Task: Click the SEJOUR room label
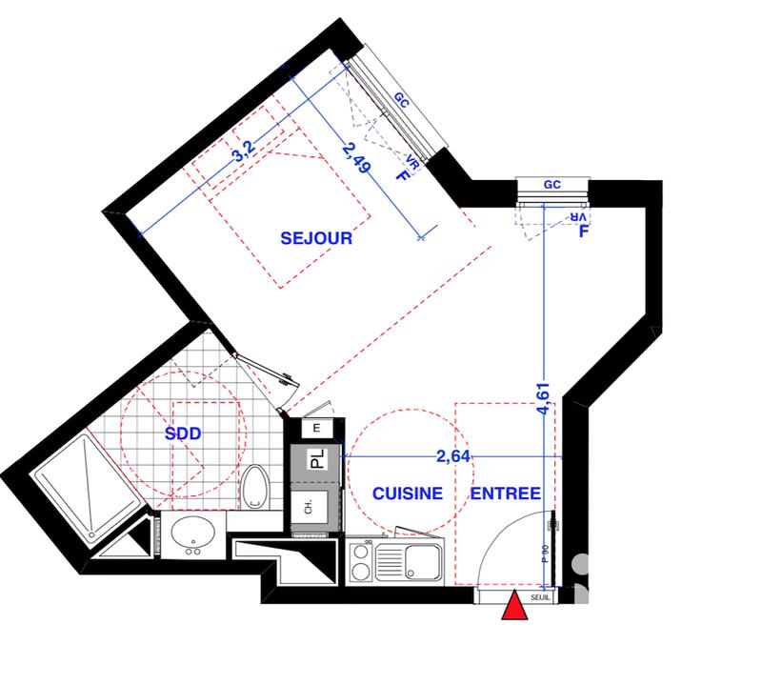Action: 316,238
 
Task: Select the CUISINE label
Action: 407,494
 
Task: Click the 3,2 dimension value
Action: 242,152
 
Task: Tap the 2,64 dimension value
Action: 453,455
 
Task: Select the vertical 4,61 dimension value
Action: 543,396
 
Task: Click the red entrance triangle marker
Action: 514,606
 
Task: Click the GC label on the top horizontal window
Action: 551,187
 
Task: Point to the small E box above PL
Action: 318,431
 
